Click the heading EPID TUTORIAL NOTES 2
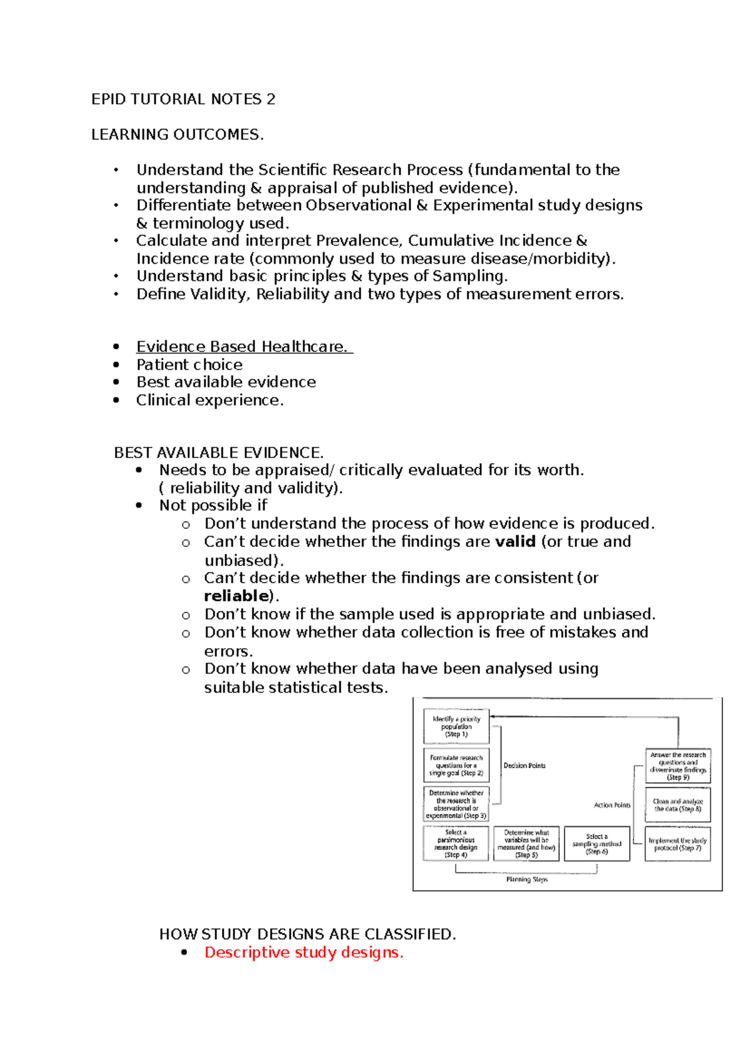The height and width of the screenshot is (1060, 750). [x=183, y=99]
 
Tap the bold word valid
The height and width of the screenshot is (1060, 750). [x=515, y=541]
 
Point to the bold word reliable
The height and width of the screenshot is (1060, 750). [x=236, y=596]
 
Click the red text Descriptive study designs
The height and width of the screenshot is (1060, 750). [x=304, y=952]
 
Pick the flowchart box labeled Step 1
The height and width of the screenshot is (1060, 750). [x=456, y=726]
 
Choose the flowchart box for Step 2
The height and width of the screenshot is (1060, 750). [x=456, y=765]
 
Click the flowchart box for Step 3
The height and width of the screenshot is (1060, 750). [x=456, y=804]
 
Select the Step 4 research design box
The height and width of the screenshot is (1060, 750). [x=456, y=844]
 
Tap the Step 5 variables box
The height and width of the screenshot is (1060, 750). [x=526, y=844]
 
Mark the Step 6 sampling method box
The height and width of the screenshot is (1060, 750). [x=597, y=844]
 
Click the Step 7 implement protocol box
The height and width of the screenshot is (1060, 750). [x=677, y=844]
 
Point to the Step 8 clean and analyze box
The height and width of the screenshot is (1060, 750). [x=677, y=805]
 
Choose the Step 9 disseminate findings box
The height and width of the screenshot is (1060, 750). [x=677, y=766]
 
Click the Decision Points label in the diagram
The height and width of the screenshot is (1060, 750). [x=524, y=766]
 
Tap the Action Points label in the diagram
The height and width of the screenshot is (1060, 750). [x=612, y=805]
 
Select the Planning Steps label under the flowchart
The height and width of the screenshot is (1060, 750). [x=526, y=879]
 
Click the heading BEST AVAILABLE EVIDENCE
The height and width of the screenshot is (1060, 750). [x=219, y=452]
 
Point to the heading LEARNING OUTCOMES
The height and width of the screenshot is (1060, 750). [x=177, y=134]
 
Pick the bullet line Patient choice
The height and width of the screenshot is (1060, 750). [x=189, y=364]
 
